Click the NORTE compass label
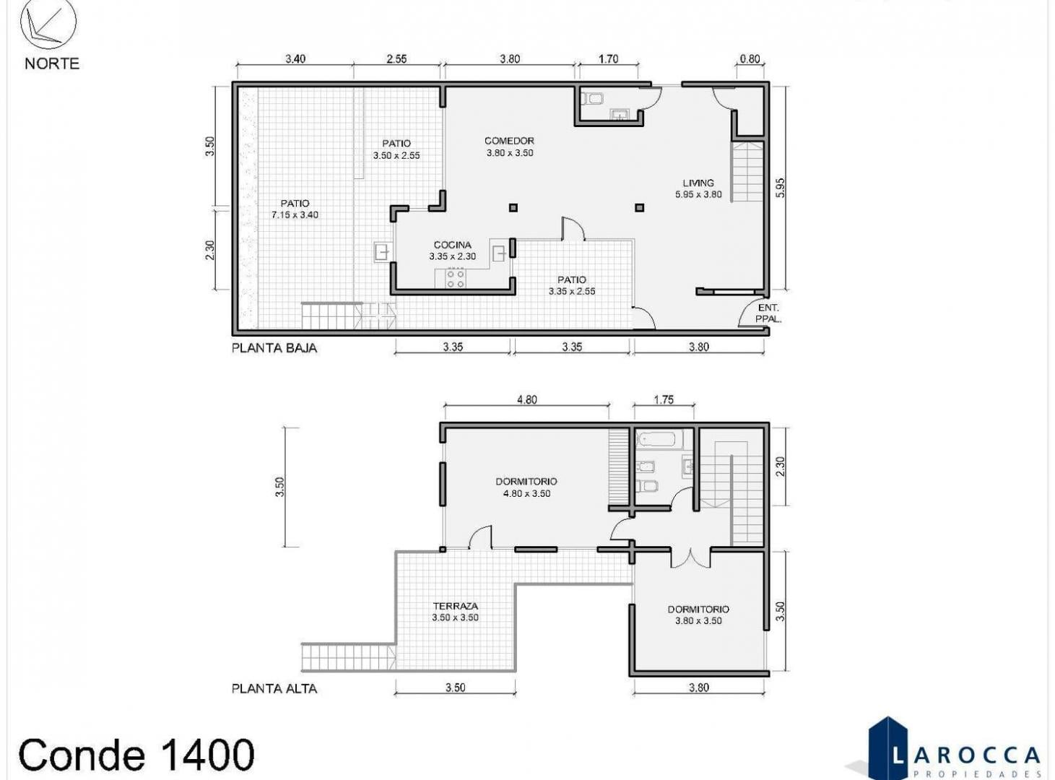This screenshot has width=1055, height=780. tap(52, 64)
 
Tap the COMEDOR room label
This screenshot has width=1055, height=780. tap(509, 141)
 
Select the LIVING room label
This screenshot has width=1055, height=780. tap(698, 183)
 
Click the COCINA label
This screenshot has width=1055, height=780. tap(452, 245)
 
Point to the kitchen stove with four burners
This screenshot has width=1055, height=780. tap(455, 278)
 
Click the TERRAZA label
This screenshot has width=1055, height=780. tap(455, 606)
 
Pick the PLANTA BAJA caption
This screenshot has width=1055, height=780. tap(274, 348)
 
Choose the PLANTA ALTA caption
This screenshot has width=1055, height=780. tap(274, 688)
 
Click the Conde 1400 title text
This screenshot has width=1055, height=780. tap(136, 755)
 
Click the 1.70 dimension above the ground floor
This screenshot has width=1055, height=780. tap(608, 59)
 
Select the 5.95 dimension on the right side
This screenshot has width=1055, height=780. tap(780, 188)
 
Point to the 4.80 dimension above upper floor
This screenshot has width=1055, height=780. tap(526, 400)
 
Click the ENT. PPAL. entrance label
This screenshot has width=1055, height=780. tap(768, 313)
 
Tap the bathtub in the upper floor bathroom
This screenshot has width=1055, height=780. tap(659, 439)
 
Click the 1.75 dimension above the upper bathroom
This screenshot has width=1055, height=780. tap(664, 400)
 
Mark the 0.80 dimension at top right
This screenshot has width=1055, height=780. tap(750, 59)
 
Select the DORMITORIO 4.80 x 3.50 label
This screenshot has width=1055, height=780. tap(526, 487)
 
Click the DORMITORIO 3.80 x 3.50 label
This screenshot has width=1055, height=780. tap(698, 615)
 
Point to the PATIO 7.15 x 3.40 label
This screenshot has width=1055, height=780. tap(295, 209)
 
